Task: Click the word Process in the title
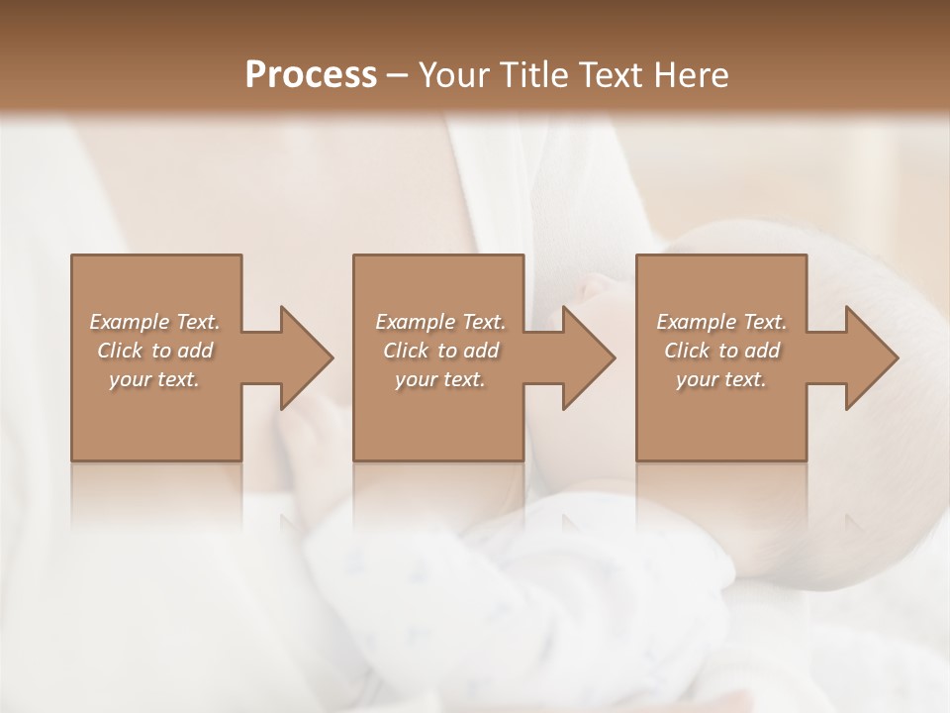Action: coord(311,75)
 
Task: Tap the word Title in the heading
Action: coord(534,75)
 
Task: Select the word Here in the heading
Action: coord(690,75)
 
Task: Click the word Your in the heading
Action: coord(457,75)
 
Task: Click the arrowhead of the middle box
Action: coord(588,357)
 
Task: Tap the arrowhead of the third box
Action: coord(871,357)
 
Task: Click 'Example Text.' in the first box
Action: coord(154,322)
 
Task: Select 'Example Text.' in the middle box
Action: coord(440,322)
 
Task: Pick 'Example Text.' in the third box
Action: coord(721,322)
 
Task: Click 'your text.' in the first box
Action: coord(154,379)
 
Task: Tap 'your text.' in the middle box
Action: coord(440,379)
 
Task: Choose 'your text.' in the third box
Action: coord(721,379)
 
